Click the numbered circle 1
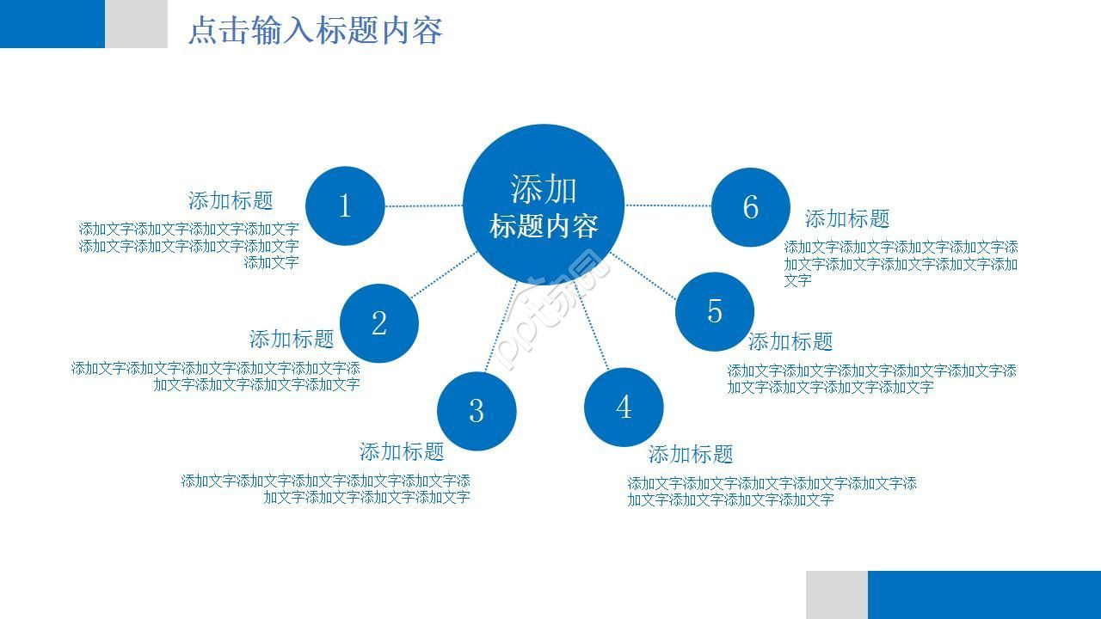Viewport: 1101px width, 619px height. click(345, 205)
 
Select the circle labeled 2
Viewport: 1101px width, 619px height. click(379, 323)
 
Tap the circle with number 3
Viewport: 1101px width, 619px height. click(477, 410)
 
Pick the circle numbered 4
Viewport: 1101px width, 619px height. click(624, 407)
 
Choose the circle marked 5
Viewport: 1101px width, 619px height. click(715, 311)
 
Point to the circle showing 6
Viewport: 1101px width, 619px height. click(751, 207)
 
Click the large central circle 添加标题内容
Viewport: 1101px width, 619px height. click(544, 205)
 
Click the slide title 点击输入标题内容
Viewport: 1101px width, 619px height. click(315, 31)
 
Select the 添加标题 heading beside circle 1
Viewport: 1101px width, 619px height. click(231, 201)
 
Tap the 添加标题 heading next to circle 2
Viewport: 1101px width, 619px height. click(292, 340)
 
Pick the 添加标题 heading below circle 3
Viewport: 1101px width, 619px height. click(402, 452)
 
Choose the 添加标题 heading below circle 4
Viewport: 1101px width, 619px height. click(691, 455)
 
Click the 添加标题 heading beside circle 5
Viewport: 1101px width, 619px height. click(790, 342)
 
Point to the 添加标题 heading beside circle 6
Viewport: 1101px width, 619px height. click(847, 219)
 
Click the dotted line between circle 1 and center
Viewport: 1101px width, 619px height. click(423, 205)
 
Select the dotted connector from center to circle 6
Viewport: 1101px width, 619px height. click(667, 205)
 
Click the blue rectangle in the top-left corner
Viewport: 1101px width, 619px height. click(52, 23)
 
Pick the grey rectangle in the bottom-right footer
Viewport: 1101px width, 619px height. click(836, 594)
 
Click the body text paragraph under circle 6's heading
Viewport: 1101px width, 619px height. click(900, 263)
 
